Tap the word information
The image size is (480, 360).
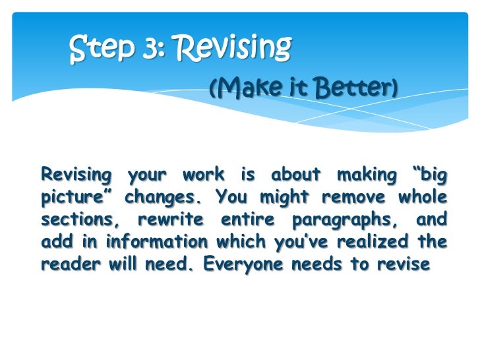point(145,242)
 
